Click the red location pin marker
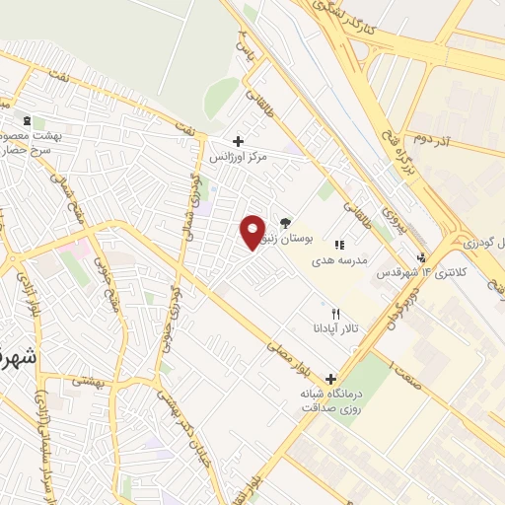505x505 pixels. (x=252, y=231)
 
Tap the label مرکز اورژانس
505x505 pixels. (x=238, y=156)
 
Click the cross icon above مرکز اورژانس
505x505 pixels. (x=238, y=141)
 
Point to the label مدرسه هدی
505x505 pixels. (x=340, y=259)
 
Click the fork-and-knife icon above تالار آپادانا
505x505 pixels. (x=335, y=313)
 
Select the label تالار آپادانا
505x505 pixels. (x=333, y=327)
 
